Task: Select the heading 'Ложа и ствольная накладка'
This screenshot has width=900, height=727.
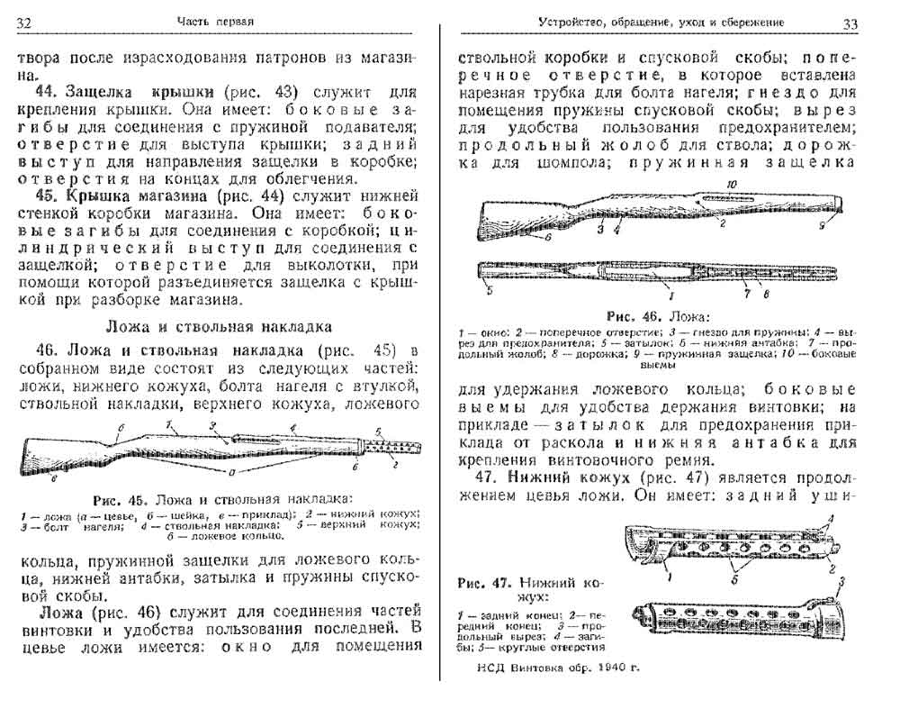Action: [222, 325]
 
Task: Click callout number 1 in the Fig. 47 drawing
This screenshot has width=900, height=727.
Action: [669, 569]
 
